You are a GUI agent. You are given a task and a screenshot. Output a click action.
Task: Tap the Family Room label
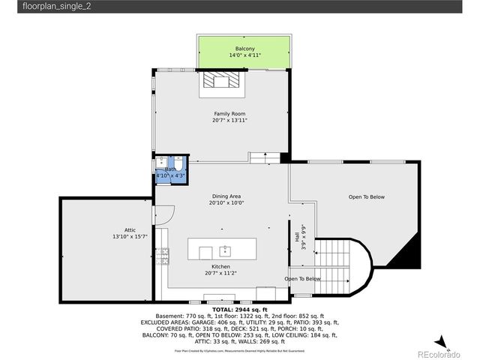click(229, 113)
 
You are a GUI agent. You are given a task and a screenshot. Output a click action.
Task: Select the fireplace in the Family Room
click(222, 82)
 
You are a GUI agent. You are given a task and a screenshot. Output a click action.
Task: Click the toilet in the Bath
click(178, 165)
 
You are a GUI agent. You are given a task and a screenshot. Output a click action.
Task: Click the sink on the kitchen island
click(225, 250)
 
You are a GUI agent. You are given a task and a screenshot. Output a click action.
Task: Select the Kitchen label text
click(220, 266)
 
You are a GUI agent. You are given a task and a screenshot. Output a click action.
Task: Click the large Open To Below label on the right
click(366, 197)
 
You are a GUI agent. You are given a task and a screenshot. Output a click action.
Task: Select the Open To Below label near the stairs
click(302, 278)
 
